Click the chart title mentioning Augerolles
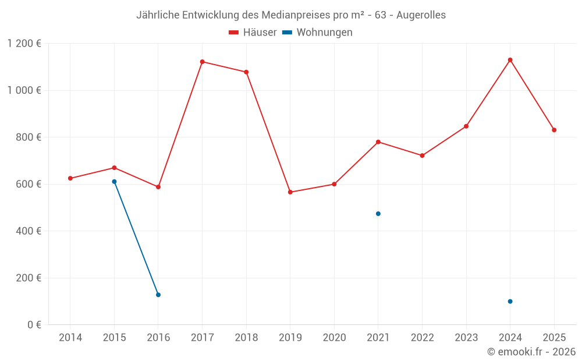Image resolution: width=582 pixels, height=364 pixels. pyautogui.click(x=291, y=15)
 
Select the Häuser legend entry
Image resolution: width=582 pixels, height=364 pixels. pyautogui.click(x=253, y=33)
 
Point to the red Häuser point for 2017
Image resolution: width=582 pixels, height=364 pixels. pyautogui.click(x=202, y=62)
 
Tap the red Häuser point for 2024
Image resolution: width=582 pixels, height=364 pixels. pyautogui.click(x=510, y=60)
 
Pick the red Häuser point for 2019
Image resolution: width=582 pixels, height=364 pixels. pyautogui.click(x=290, y=192)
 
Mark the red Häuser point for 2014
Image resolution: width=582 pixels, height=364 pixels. pyautogui.click(x=70, y=178)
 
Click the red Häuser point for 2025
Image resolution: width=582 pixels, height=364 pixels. pyautogui.click(x=554, y=130)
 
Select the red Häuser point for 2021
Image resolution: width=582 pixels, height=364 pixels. pyautogui.click(x=378, y=142)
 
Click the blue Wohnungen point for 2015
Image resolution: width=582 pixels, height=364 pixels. pyautogui.click(x=114, y=182)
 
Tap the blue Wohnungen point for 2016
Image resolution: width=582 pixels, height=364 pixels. pyautogui.click(x=158, y=295)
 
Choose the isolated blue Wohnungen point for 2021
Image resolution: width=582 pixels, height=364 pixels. pyautogui.click(x=378, y=214)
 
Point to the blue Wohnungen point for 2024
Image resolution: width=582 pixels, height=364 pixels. pyautogui.click(x=510, y=301)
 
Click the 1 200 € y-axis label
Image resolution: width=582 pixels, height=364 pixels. pyautogui.click(x=24, y=44)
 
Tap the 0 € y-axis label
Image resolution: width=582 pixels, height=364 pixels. pyautogui.click(x=33, y=325)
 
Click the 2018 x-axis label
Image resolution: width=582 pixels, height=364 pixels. pyautogui.click(x=246, y=338)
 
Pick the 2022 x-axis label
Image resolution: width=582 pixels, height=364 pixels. pyautogui.click(x=422, y=338)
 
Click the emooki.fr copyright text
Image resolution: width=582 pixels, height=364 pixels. pyautogui.click(x=531, y=352)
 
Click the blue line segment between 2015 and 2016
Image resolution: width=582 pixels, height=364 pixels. pyautogui.click(x=136, y=238)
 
